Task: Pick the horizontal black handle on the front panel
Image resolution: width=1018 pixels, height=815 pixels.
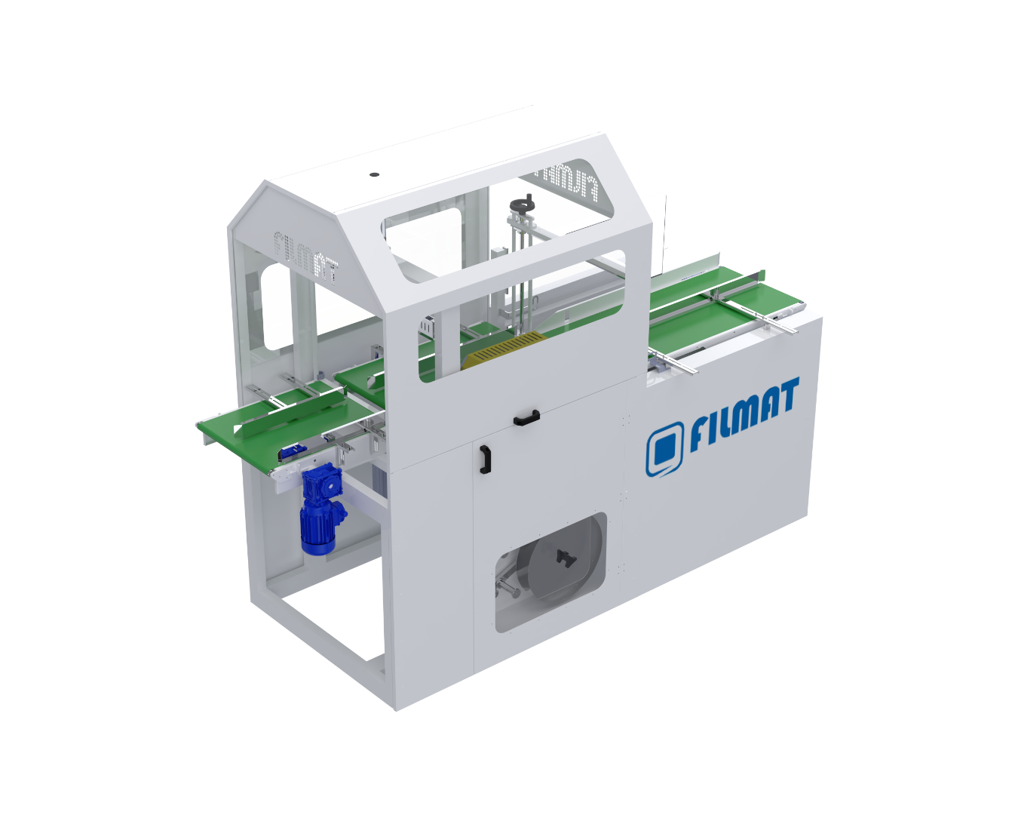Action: [526, 417]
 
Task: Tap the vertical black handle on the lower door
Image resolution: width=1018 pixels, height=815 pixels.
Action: [485, 459]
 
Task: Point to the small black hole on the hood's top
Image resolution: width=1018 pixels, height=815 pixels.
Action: [374, 174]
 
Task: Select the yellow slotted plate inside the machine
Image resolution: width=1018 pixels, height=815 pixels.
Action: [504, 349]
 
